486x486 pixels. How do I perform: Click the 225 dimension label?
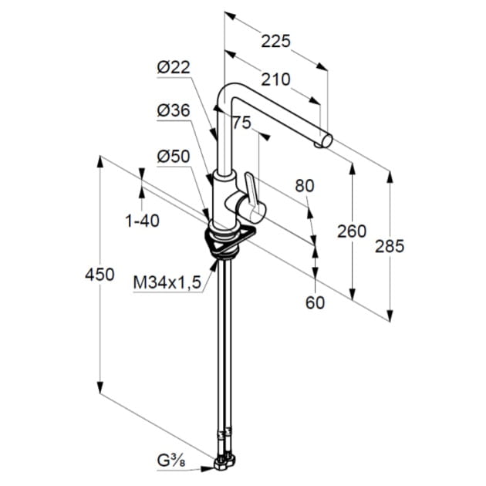click(x=275, y=41)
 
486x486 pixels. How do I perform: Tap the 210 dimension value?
click(x=275, y=79)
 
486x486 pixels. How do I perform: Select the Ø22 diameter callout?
click(x=174, y=67)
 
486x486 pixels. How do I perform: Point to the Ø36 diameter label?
click(x=174, y=110)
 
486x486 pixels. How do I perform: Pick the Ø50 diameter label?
click(x=174, y=157)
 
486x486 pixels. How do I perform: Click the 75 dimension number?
click(x=241, y=123)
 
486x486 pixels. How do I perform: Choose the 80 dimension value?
click(x=305, y=186)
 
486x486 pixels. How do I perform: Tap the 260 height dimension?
click(x=352, y=231)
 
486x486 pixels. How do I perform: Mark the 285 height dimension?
click(x=390, y=246)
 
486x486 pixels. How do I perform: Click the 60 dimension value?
click(x=315, y=302)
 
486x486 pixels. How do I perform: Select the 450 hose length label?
click(x=100, y=275)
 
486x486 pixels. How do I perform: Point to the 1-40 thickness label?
click(x=142, y=221)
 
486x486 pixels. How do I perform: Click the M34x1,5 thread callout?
click(x=167, y=282)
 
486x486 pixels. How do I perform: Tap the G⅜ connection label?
click(x=171, y=470)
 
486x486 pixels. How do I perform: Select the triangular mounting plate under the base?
click(x=231, y=240)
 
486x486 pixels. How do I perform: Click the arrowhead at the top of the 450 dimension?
click(x=100, y=162)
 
